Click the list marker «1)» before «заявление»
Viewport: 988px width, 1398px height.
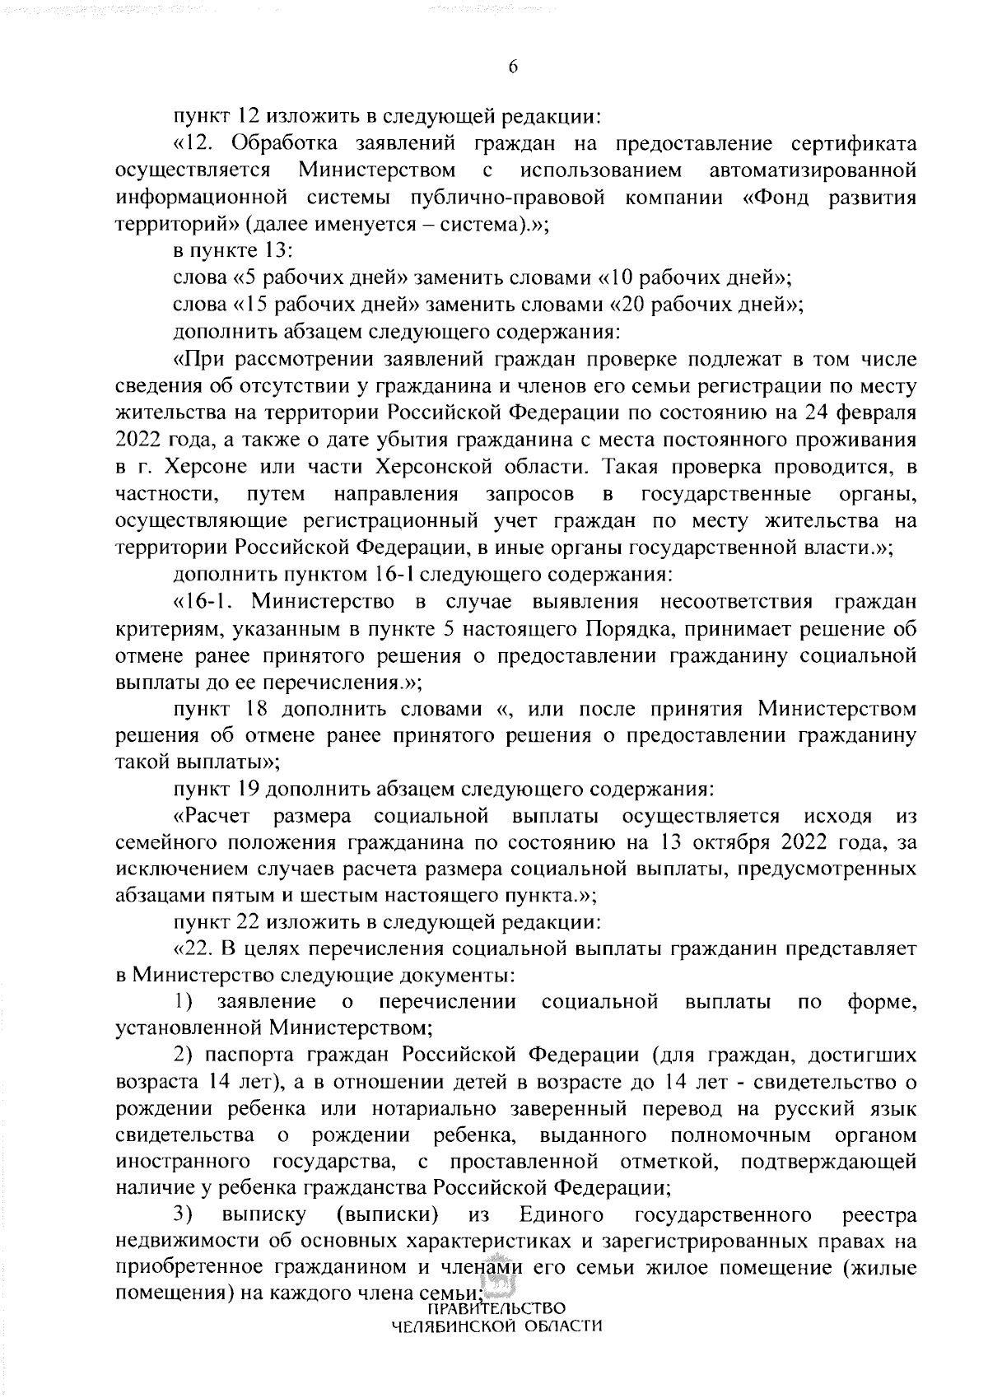coord(185,1002)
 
